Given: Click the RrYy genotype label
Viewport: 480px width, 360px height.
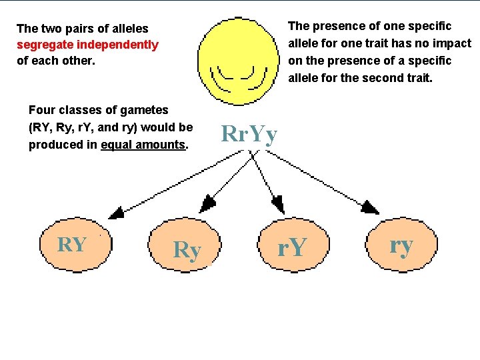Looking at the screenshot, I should [249, 135].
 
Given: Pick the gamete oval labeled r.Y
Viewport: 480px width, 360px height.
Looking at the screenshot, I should [292, 247].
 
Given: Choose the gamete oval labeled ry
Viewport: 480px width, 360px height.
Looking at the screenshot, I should [400, 245].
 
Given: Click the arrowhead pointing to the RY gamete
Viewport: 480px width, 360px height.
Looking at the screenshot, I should [116, 213].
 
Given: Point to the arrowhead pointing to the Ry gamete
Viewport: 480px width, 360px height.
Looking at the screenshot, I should [208, 203].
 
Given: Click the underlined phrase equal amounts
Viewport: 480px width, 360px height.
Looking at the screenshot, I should [143, 145].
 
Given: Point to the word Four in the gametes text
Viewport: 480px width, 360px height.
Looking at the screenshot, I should [42, 110].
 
